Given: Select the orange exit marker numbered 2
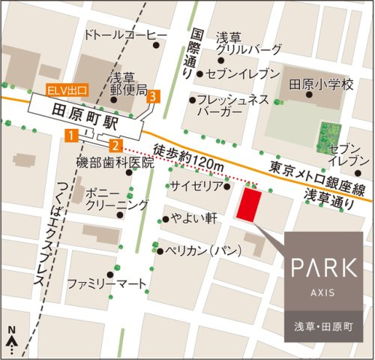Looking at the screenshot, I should coord(115,145).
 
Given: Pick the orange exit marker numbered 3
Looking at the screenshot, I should coord(153,96).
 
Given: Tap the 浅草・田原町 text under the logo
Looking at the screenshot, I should coord(323,328).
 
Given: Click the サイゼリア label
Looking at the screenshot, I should coord(196,184).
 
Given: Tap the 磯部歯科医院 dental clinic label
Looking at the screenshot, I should coord(115,161).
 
